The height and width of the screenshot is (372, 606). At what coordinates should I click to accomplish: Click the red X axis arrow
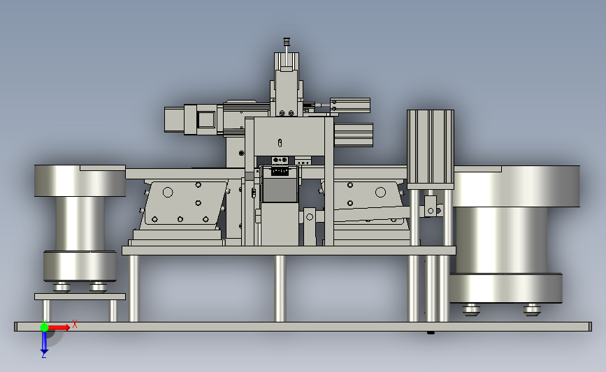tap(59, 327)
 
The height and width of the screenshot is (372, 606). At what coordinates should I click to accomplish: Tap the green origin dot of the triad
tap(44, 327)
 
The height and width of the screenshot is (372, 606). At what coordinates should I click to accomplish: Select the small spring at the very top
tap(287, 41)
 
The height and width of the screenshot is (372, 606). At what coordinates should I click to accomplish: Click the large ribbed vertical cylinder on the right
tap(430, 149)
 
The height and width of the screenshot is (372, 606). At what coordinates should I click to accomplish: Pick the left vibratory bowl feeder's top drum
tap(80, 181)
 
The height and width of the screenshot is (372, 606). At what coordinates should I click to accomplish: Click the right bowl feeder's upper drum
tap(517, 186)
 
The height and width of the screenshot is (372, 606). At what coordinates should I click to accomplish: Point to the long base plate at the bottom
tap(303, 327)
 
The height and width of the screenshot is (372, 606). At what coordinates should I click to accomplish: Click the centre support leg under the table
tap(280, 288)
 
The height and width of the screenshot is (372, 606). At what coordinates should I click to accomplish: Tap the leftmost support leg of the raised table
tap(134, 288)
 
